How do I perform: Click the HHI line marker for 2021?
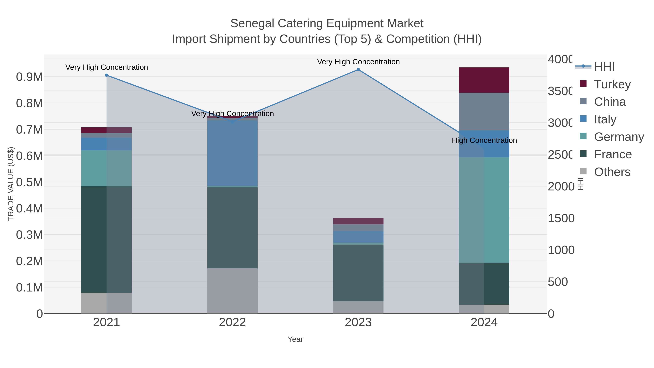coord(106,75)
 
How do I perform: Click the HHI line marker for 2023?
coord(358,70)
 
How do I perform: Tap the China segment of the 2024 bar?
coord(484,112)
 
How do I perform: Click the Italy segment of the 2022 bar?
coord(232,153)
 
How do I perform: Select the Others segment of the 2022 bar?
coord(232,291)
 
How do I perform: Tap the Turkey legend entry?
coord(612,84)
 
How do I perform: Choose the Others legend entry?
coord(612,172)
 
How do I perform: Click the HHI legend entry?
coord(604,67)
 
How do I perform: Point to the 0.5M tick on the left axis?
coord(29,182)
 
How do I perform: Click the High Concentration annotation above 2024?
coord(484,140)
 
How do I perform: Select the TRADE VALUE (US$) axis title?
coord(11,184)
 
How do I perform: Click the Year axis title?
coord(295,339)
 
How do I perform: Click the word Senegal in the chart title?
coord(252,24)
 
